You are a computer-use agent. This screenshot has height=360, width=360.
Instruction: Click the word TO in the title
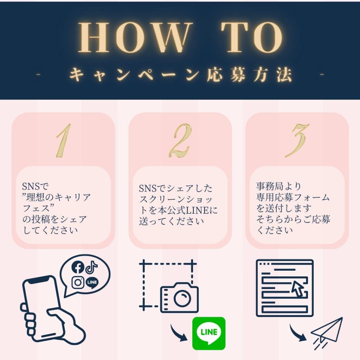[x=252, y=37]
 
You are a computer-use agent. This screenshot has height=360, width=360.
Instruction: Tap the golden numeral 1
[x=64, y=141]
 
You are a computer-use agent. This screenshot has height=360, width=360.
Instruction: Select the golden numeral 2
[x=180, y=141]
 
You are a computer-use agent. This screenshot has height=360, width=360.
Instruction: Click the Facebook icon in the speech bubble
[x=78, y=267]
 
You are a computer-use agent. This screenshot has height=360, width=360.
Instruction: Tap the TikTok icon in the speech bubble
[x=92, y=268]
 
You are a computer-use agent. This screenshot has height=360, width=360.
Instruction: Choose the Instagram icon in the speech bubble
[x=78, y=282]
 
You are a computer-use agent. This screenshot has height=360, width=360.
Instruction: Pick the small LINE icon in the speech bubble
[x=92, y=282]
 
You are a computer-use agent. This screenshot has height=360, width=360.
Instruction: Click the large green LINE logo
[x=209, y=333]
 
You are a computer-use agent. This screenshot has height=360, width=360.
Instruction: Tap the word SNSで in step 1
[x=36, y=186]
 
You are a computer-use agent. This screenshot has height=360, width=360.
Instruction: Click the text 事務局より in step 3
[x=278, y=186]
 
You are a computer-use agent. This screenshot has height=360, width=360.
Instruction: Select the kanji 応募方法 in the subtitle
[x=249, y=75]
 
